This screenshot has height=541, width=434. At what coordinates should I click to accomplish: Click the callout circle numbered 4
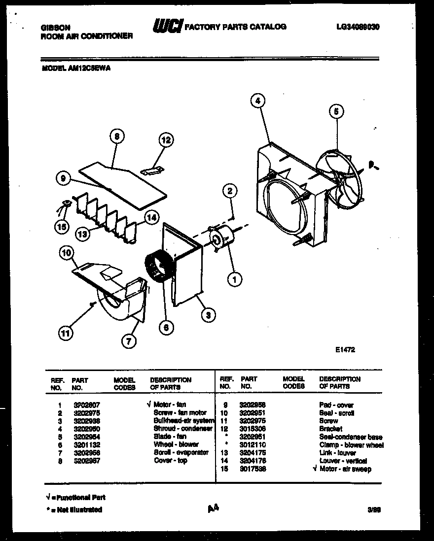coord(257,101)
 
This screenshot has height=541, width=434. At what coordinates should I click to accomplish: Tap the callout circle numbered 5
coord(336,112)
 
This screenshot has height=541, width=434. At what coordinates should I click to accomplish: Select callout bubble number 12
coord(166,140)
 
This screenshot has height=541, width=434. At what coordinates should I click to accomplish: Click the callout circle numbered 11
coord(65,334)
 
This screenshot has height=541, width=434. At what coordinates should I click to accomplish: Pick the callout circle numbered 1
coord(234,279)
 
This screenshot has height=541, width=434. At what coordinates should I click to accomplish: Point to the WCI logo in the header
coord(167,26)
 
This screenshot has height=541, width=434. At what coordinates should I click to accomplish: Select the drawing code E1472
coord(345,349)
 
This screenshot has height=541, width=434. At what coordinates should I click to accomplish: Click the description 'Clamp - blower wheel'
coord(351,445)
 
